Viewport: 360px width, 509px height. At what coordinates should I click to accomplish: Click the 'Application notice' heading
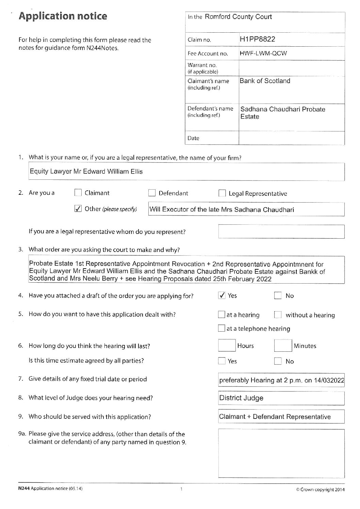tap(63, 16)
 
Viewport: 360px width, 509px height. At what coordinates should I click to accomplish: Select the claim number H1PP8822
tap(257, 39)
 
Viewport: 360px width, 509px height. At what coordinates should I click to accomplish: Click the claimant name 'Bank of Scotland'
tap(265, 81)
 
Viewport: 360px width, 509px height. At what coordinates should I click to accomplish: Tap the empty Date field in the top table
tap(291, 138)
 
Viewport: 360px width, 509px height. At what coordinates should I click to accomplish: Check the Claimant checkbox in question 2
tap(78, 193)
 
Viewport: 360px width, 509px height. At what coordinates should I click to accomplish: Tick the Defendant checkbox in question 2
tap(152, 193)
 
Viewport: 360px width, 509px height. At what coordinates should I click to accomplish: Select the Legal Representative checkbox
tap(222, 194)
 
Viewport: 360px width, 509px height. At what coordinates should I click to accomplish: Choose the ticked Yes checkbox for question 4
tap(222, 296)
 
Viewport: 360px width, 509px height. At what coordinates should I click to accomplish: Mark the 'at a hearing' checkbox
tap(222, 315)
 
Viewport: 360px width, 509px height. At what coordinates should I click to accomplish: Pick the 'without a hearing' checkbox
tap(278, 315)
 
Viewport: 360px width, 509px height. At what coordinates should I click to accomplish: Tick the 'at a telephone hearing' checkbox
tap(222, 329)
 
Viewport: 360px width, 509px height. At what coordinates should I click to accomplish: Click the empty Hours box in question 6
tap(227, 346)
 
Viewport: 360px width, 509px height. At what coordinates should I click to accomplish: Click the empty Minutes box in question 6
tap(283, 346)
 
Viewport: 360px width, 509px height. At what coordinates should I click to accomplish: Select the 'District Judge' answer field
tap(281, 398)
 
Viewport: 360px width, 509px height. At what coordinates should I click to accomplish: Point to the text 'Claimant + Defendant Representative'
tap(275, 417)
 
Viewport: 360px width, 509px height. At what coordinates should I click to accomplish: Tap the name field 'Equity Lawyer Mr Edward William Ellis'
tap(86, 172)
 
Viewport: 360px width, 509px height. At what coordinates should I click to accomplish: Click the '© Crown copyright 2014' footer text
tap(320, 490)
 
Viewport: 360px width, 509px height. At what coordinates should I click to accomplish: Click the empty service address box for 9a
tap(281, 453)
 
